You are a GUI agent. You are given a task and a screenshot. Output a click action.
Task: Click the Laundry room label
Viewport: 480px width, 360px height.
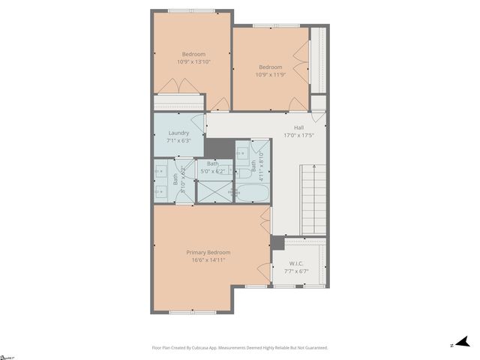point(178,133)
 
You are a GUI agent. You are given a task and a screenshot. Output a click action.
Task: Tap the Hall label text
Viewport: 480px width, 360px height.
point(298,127)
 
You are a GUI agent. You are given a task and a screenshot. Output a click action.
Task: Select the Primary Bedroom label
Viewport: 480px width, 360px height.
point(208,252)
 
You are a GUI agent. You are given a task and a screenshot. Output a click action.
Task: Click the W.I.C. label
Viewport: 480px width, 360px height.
point(297,263)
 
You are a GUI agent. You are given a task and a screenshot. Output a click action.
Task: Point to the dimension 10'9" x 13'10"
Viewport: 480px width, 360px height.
point(193,61)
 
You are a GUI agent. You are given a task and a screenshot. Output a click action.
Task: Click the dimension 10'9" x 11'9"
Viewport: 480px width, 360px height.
point(270,74)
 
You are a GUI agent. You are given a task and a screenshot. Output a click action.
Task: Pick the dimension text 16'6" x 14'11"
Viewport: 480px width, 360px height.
point(208,260)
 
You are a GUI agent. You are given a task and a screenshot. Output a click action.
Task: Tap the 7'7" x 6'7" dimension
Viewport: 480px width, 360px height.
point(297,271)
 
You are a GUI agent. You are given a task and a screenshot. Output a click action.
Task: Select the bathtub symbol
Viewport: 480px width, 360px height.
point(252,191)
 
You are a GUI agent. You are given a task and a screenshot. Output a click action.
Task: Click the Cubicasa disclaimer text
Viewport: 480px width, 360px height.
point(240,348)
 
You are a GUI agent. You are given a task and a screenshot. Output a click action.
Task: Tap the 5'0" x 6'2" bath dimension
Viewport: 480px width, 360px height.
point(213,172)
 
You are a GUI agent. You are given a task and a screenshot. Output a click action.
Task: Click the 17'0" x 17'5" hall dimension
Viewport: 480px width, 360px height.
point(298,135)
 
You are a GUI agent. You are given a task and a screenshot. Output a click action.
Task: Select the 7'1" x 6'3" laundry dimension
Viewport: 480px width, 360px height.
point(178,140)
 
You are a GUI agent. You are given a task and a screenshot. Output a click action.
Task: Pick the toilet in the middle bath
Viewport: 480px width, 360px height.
point(233,193)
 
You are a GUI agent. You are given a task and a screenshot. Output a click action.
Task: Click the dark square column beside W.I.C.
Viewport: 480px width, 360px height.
point(277,243)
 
